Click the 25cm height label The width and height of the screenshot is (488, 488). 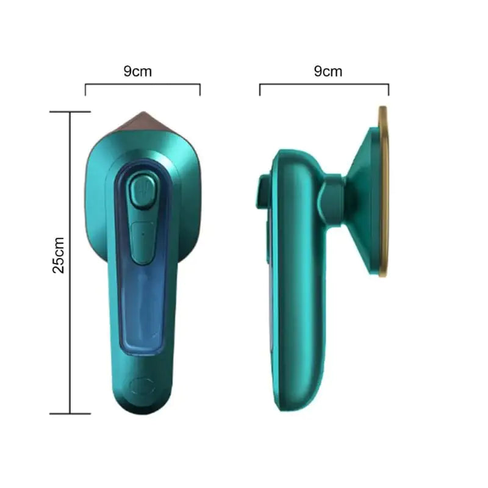pyautogui.click(x=59, y=255)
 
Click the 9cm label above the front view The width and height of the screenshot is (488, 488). pyautogui.click(x=138, y=71)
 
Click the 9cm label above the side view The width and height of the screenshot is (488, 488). pyautogui.click(x=328, y=71)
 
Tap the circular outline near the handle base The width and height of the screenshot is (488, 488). pyautogui.click(x=143, y=386)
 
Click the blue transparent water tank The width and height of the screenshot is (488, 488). pyautogui.click(x=143, y=258)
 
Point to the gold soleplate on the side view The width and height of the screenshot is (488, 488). pyautogui.click(x=384, y=192)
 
